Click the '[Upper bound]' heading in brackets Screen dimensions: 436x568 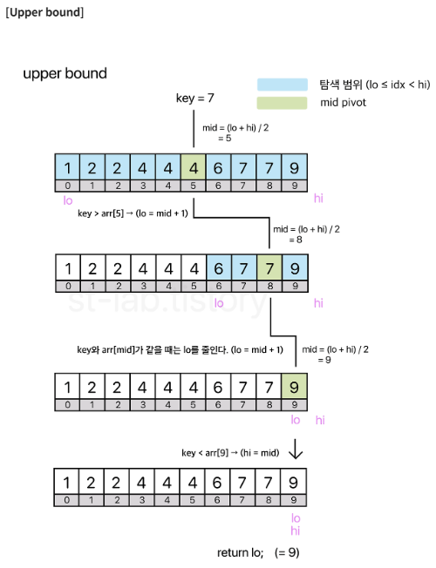click(x=44, y=12)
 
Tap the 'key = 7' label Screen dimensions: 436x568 click(x=194, y=98)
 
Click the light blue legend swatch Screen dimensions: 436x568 click(x=283, y=85)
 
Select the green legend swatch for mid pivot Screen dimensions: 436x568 click(x=283, y=103)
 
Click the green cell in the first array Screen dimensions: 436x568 click(x=193, y=167)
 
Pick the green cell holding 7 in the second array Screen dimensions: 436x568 click(x=269, y=268)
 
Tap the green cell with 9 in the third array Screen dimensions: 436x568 click(x=294, y=387)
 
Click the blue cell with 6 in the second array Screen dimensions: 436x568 click(x=219, y=268)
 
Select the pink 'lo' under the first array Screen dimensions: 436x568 click(x=68, y=200)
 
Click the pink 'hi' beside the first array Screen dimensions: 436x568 click(x=318, y=198)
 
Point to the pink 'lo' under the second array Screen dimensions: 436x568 click(x=219, y=303)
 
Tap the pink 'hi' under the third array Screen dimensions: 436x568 click(x=320, y=420)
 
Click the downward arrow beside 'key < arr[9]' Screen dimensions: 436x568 click(x=296, y=450)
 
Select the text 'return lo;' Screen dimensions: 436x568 click(x=240, y=553)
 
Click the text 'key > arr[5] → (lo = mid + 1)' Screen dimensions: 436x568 click(x=133, y=213)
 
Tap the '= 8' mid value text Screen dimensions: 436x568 click(x=296, y=240)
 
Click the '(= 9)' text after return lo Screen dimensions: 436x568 click(x=287, y=553)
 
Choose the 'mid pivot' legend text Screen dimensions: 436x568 click(x=344, y=103)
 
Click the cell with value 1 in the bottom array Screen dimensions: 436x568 click(x=66, y=482)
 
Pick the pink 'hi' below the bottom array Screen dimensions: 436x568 click(x=296, y=531)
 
